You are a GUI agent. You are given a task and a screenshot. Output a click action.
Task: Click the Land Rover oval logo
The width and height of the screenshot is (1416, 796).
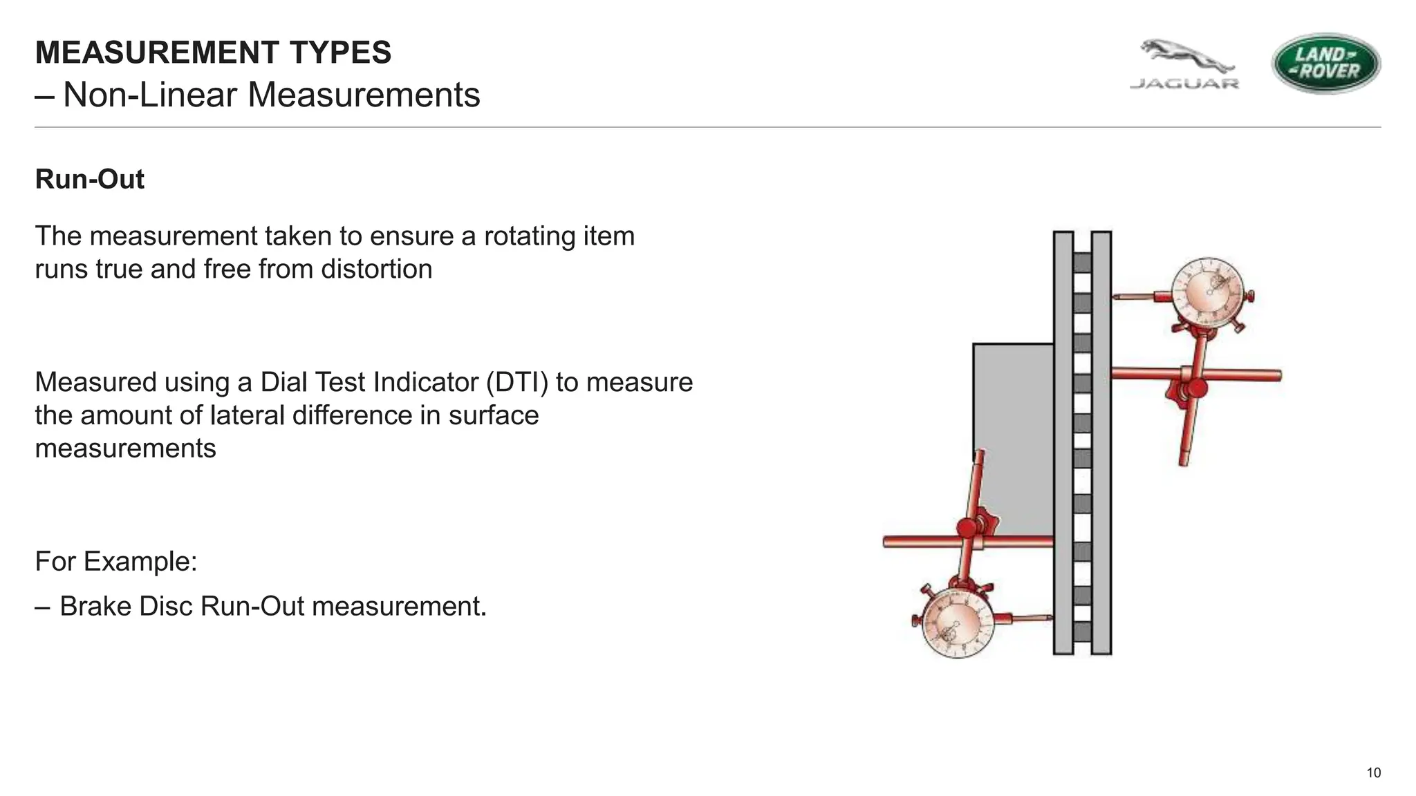tap(1325, 63)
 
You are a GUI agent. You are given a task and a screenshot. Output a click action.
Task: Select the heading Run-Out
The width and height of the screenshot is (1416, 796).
tap(89, 179)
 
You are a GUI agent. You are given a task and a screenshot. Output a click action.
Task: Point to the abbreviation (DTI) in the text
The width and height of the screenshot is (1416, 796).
tap(517, 382)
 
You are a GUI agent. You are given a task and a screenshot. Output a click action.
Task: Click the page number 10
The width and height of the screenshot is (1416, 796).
tap(1373, 773)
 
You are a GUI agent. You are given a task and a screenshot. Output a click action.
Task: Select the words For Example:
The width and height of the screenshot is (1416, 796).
tap(116, 561)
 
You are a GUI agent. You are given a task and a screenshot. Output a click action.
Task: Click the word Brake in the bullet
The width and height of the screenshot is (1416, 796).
tap(95, 606)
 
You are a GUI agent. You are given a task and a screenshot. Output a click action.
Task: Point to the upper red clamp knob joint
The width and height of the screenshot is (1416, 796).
tap(1194, 389)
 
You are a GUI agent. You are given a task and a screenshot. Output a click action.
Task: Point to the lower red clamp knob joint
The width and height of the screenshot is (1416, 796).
tap(968, 529)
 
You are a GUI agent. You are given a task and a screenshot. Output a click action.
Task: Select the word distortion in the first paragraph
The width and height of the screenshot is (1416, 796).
tap(376, 269)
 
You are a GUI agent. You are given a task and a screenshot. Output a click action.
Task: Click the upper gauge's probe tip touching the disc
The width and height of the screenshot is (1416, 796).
tap(1116, 297)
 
